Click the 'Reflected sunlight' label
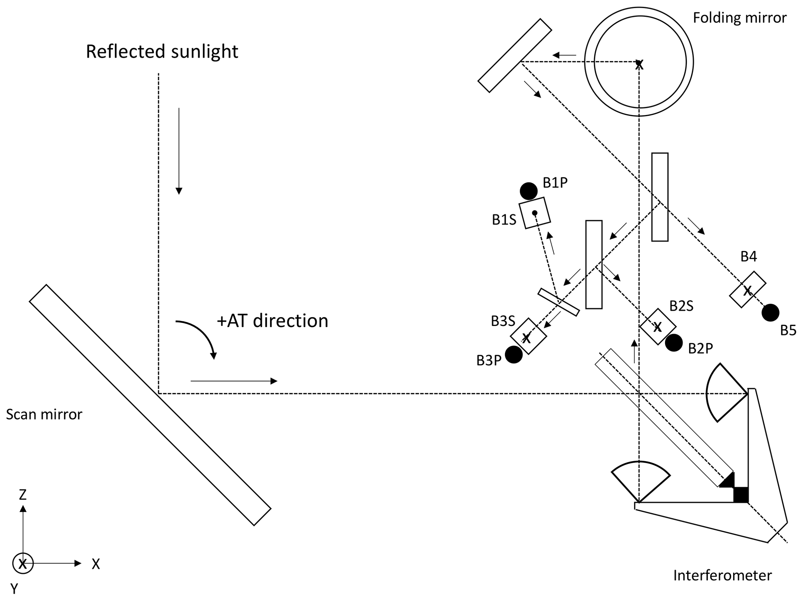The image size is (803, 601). point(162,52)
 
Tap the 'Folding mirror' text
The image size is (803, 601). point(739,18)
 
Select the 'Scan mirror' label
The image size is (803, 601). point(44,415)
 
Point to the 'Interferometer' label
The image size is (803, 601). point(722,575)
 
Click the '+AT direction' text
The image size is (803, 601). point(272,321)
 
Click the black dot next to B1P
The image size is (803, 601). point(528,191)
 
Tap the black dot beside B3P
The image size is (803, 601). point(514,355)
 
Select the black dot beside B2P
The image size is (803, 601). point(674,343)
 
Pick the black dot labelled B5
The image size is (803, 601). point(770,313)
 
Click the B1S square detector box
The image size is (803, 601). point(535,213)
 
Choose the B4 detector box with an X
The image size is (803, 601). point(747,290)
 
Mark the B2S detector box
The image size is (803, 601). point(658,327)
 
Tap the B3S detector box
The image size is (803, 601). point(528,336)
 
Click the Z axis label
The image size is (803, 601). point(23,495)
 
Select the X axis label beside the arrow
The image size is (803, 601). point(96,564)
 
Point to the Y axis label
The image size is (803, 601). point(14,589)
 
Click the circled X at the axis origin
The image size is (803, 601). point(23,563)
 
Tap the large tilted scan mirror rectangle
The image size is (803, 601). point(150,405)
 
